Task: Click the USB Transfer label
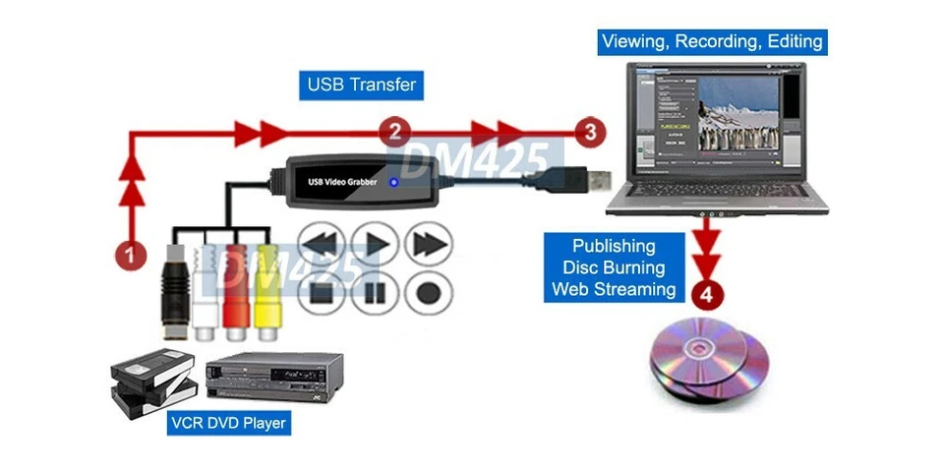pyautogui.click(x=361, y=85)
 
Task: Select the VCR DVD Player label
pyautogui.click(x=228, y=424)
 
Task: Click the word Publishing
pyautogui.click(x=614, y=246)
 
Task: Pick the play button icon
pyautogui.click(x=374, y=242)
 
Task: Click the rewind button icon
pyautogui.click(x=320, y=242)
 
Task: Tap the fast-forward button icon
pyautogui.click(x=428, y=242)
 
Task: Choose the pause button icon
pyautogui.click(x=374, y=291)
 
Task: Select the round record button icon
pyautogui.click(x=428, y=291)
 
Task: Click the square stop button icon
pyautogui.click(x=320, y=291)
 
